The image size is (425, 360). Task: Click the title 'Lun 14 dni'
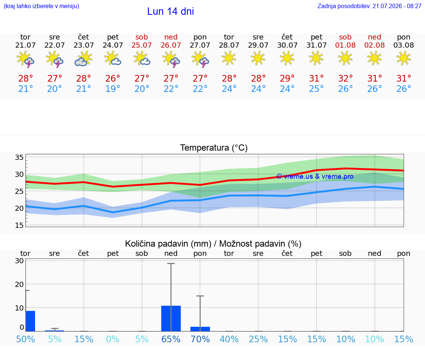click(x=170, y=11)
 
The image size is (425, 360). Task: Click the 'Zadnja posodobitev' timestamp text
click(x=369, y=6)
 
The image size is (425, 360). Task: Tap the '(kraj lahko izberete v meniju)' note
click(x=41, y=6)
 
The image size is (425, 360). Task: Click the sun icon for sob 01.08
click(x=345, y=58)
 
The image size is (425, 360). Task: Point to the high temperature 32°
click(x=345, y=78)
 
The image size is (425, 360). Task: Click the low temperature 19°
click(x=113, y=89)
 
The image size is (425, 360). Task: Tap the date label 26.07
click(x=171, y=45)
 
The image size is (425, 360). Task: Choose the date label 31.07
click(x=316, y=45)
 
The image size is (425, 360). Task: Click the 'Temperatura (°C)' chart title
click(x=214, y=148)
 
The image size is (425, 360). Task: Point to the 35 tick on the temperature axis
click(x=19, y=157)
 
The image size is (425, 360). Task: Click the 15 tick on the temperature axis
click(x=19, y=225)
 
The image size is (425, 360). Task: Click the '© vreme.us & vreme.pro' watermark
click(x=315, y=176)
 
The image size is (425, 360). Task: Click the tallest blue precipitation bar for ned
click(x=171, y=319)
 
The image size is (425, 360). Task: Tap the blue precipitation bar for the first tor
click(x=30, y=321)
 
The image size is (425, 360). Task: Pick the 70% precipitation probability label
click(x=200, y=339)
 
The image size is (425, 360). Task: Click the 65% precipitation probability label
click(x=171, y=339)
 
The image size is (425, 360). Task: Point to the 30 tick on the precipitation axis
click(x=19, y=261)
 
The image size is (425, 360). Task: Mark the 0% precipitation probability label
click(x=113, y=339)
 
